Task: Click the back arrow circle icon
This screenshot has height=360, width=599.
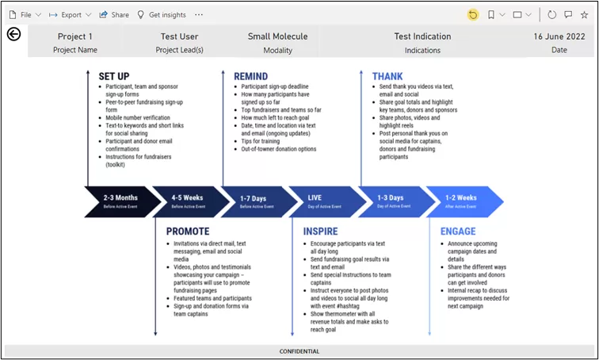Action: point(13,34)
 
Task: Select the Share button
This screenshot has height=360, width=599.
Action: point(114,14)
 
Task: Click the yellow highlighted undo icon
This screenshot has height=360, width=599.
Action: point(473,14)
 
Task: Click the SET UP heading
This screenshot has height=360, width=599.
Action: point(114,76)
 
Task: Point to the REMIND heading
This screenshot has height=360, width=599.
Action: point(250,76)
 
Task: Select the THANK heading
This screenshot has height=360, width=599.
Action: point(387,76)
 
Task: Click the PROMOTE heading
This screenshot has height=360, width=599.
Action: point(188,232)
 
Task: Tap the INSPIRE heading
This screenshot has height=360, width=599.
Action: point(320,232)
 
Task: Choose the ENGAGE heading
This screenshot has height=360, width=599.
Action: point(457,232)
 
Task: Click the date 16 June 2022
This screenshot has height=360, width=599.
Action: point(559,36)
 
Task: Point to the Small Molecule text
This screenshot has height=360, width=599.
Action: point(277,36)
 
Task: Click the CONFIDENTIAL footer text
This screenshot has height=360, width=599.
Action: point(299,351)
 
